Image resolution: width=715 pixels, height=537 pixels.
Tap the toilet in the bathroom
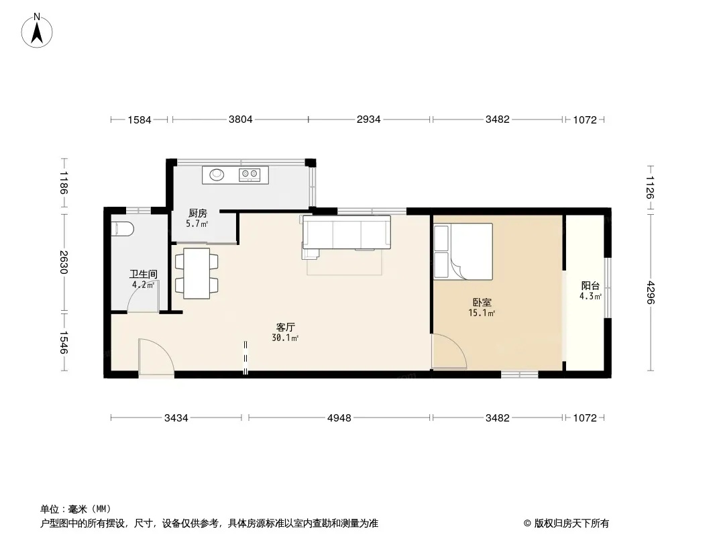click(x=123, y=229)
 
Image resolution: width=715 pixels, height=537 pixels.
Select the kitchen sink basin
click(x=217, y=175)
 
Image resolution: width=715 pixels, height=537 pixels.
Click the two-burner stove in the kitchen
click(x=250, y=175)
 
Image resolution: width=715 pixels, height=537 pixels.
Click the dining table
click(x=197, y=273)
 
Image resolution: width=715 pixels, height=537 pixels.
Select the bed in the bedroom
click(x=463, y=252)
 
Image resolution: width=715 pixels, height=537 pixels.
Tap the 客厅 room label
click(x=286, y=327)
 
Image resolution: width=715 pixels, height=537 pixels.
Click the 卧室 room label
click(x=482, y=302)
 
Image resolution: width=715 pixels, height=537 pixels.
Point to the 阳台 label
click(x=590, y=285)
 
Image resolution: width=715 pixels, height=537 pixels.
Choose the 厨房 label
click(x=197, y=213)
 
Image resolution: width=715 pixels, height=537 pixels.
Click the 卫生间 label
click(x=143, y=274)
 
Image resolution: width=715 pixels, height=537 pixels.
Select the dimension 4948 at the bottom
click(x=339, y=418)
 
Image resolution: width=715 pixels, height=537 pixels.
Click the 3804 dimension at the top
click(x=240, y=119)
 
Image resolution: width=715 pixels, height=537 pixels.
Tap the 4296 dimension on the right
click(x=651, y=293)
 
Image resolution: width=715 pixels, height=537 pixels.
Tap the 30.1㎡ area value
click(x=285, y=338)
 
